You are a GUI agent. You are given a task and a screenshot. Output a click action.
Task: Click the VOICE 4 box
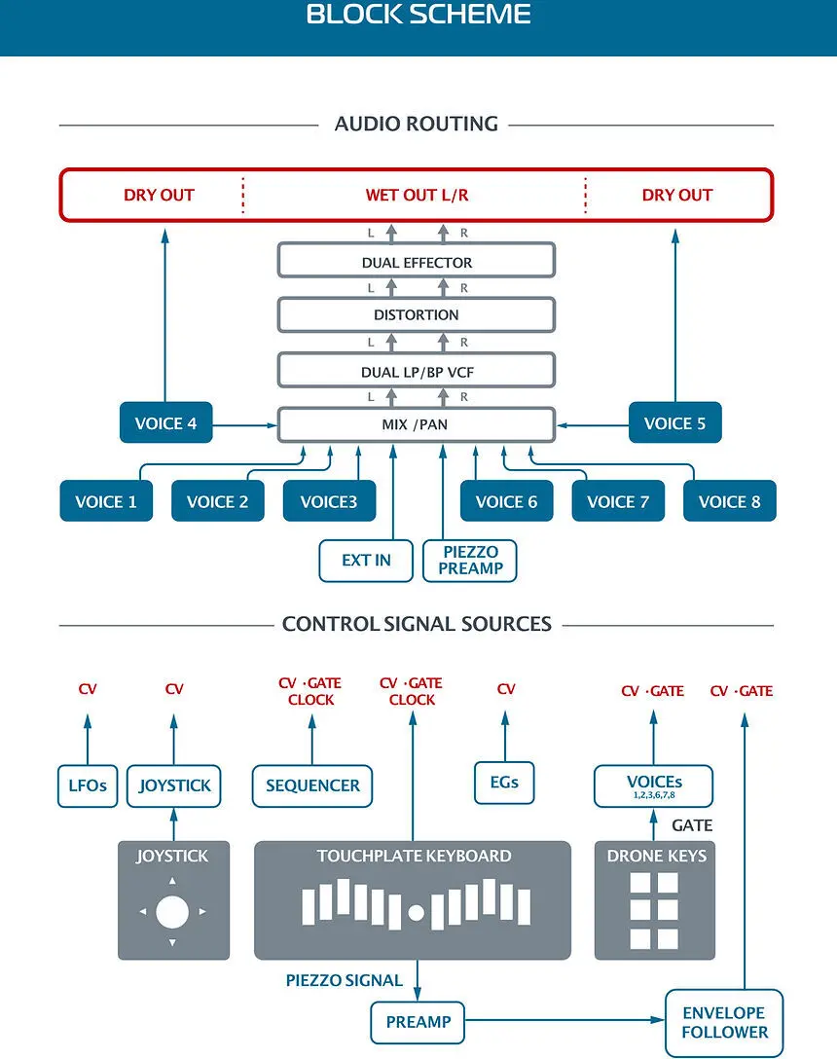(166, 422)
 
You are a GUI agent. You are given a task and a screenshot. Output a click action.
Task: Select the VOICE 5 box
(674, 422)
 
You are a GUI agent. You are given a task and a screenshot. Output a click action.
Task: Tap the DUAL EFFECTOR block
(417, 261)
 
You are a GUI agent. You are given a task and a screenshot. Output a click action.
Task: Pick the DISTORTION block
(417, 314)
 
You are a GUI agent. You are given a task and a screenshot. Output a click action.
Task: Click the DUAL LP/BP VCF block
(417, 371)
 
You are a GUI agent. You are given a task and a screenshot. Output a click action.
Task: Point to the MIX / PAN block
(417, 424)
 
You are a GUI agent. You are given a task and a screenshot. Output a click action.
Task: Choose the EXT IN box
(366, 561)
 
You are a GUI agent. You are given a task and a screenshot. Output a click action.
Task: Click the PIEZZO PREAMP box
(470, 561)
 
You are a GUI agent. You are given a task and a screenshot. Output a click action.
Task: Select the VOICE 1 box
(106, 501)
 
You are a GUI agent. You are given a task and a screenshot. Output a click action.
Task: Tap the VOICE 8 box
(730, 501)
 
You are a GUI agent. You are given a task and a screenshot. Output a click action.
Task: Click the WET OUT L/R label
(417, 196)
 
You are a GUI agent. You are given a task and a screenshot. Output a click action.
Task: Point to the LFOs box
(88, 785)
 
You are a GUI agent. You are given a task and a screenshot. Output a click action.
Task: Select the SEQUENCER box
(312, 785)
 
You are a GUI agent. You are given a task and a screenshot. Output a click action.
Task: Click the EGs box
(504, 783)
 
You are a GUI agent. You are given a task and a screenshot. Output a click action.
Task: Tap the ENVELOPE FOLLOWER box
(724, 1023)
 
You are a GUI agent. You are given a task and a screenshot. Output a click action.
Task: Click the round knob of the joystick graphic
(172, 912)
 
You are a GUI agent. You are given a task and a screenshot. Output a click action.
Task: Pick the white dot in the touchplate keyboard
(417, 913)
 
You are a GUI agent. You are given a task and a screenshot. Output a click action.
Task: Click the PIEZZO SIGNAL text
(344, 981)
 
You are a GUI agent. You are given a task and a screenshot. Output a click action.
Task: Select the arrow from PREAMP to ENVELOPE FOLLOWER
(564, 1020)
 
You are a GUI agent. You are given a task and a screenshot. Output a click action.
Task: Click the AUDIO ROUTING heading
(417, 124)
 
